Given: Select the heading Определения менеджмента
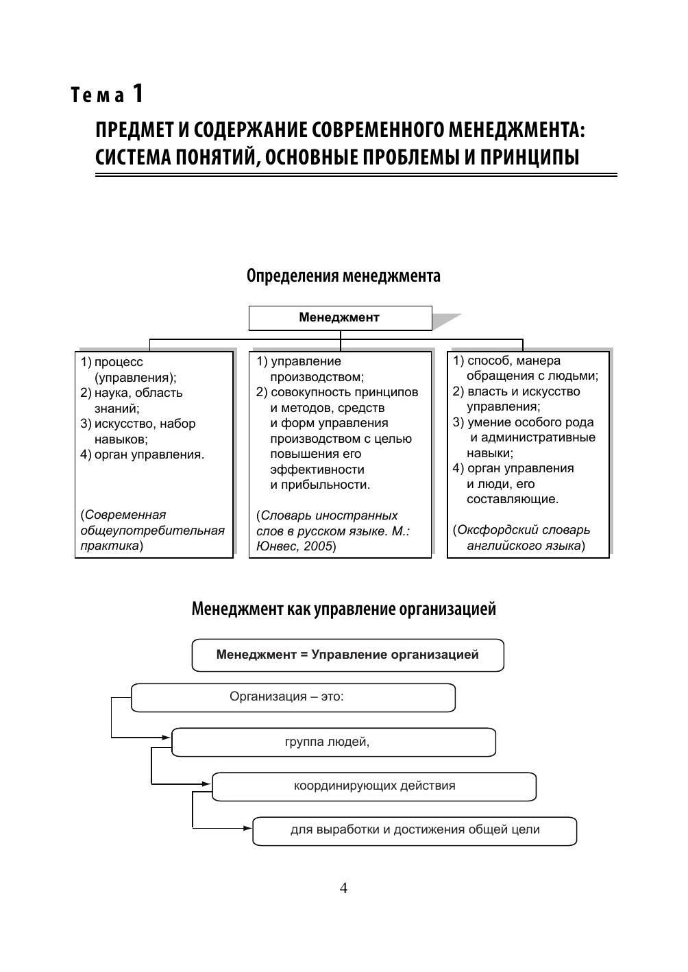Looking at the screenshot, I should (x=343, y=276).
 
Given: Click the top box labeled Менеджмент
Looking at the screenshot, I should (x=340, y=317).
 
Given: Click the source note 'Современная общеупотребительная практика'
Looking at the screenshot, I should (x=152, y=530).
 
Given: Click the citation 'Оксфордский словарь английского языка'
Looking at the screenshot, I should (x=523, y=537).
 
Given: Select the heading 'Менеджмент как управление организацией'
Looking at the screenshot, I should (x=343, y=609).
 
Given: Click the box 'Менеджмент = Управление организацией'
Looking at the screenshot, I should (x=347, y=655).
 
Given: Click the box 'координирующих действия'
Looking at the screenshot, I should (x=374, y=786).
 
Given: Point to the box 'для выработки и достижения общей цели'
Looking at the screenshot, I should (x=415, y=830).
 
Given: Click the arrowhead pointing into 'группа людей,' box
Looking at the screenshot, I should (x=167, y=738).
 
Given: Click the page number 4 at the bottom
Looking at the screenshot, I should (x=343, y=888).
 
